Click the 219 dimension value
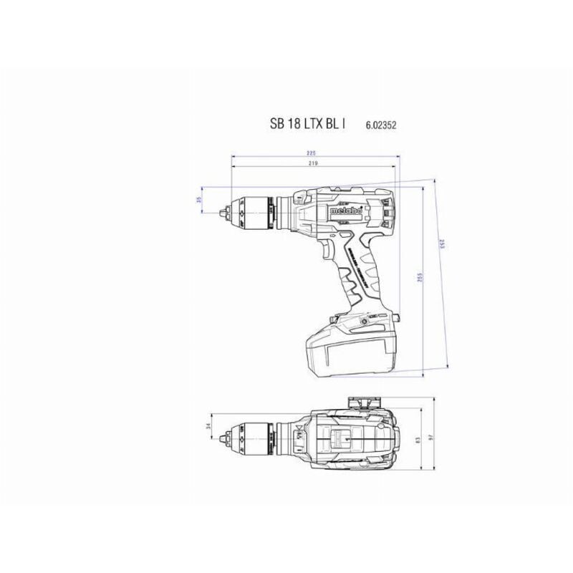(313, 165)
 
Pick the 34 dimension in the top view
(208, 427)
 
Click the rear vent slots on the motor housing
(387, 211)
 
